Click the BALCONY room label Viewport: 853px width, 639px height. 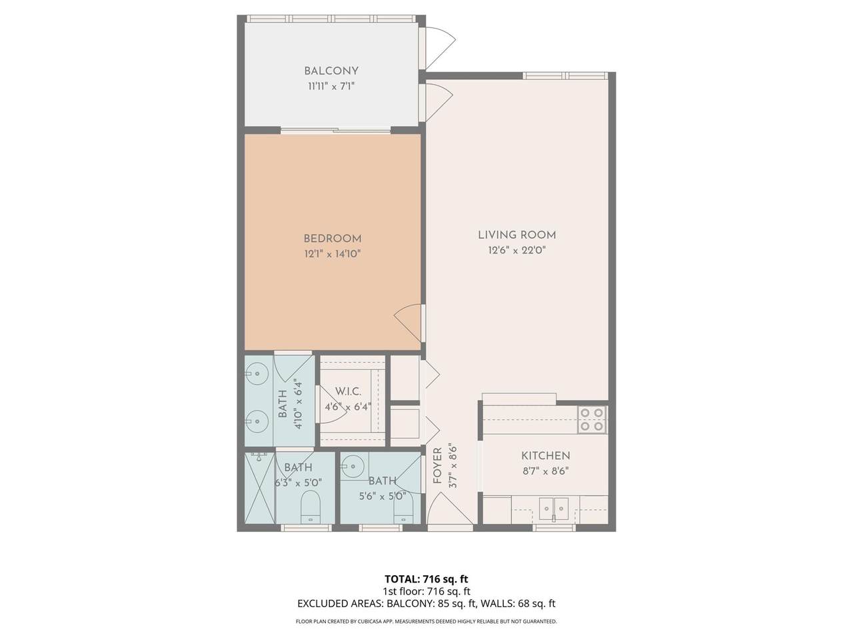coord(331,71)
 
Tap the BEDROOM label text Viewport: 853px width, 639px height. coord(333,238)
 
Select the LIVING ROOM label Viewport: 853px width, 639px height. coord(517,235)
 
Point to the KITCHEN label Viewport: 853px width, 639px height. coord(546,455)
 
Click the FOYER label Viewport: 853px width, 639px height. coord(438,465)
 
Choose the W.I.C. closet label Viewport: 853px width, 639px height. coord(348,391)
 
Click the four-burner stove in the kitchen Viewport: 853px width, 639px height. coord(592,420)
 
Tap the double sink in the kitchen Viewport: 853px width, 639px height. coord(553,509)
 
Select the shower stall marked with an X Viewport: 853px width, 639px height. coord(260,488)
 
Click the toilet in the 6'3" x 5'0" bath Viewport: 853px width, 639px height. coord(311,507)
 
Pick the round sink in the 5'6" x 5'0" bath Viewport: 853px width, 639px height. coord(354,466)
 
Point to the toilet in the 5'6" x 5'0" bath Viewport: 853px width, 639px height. coord(403,509)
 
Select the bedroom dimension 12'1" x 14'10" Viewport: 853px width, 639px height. coord(333,254)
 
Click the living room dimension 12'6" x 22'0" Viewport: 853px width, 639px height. coord(517,250)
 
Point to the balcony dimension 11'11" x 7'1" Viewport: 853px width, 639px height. coord(331,86)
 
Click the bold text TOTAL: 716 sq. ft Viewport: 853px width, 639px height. coord(426,579)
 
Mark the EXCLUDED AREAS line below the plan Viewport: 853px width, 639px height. coord(426,603)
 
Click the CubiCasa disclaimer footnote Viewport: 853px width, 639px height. coord(426,621)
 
